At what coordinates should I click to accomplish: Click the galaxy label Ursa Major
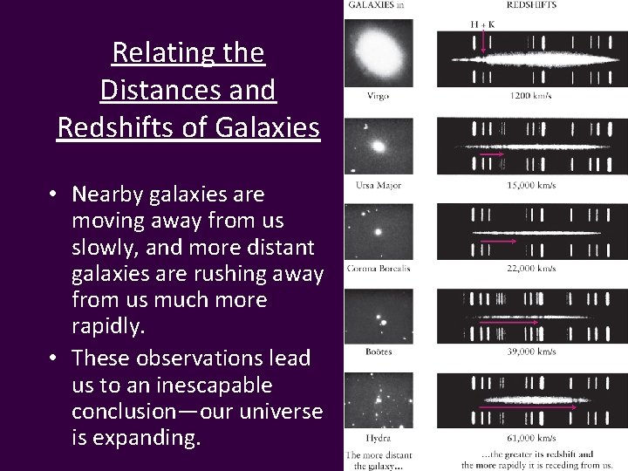click(x=377, y=185)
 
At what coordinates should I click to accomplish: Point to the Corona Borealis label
click(x=377, y=269)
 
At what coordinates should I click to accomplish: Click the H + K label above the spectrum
click(x=482, y=24)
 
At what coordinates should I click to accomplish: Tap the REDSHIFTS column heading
click(x=532, y=5)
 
